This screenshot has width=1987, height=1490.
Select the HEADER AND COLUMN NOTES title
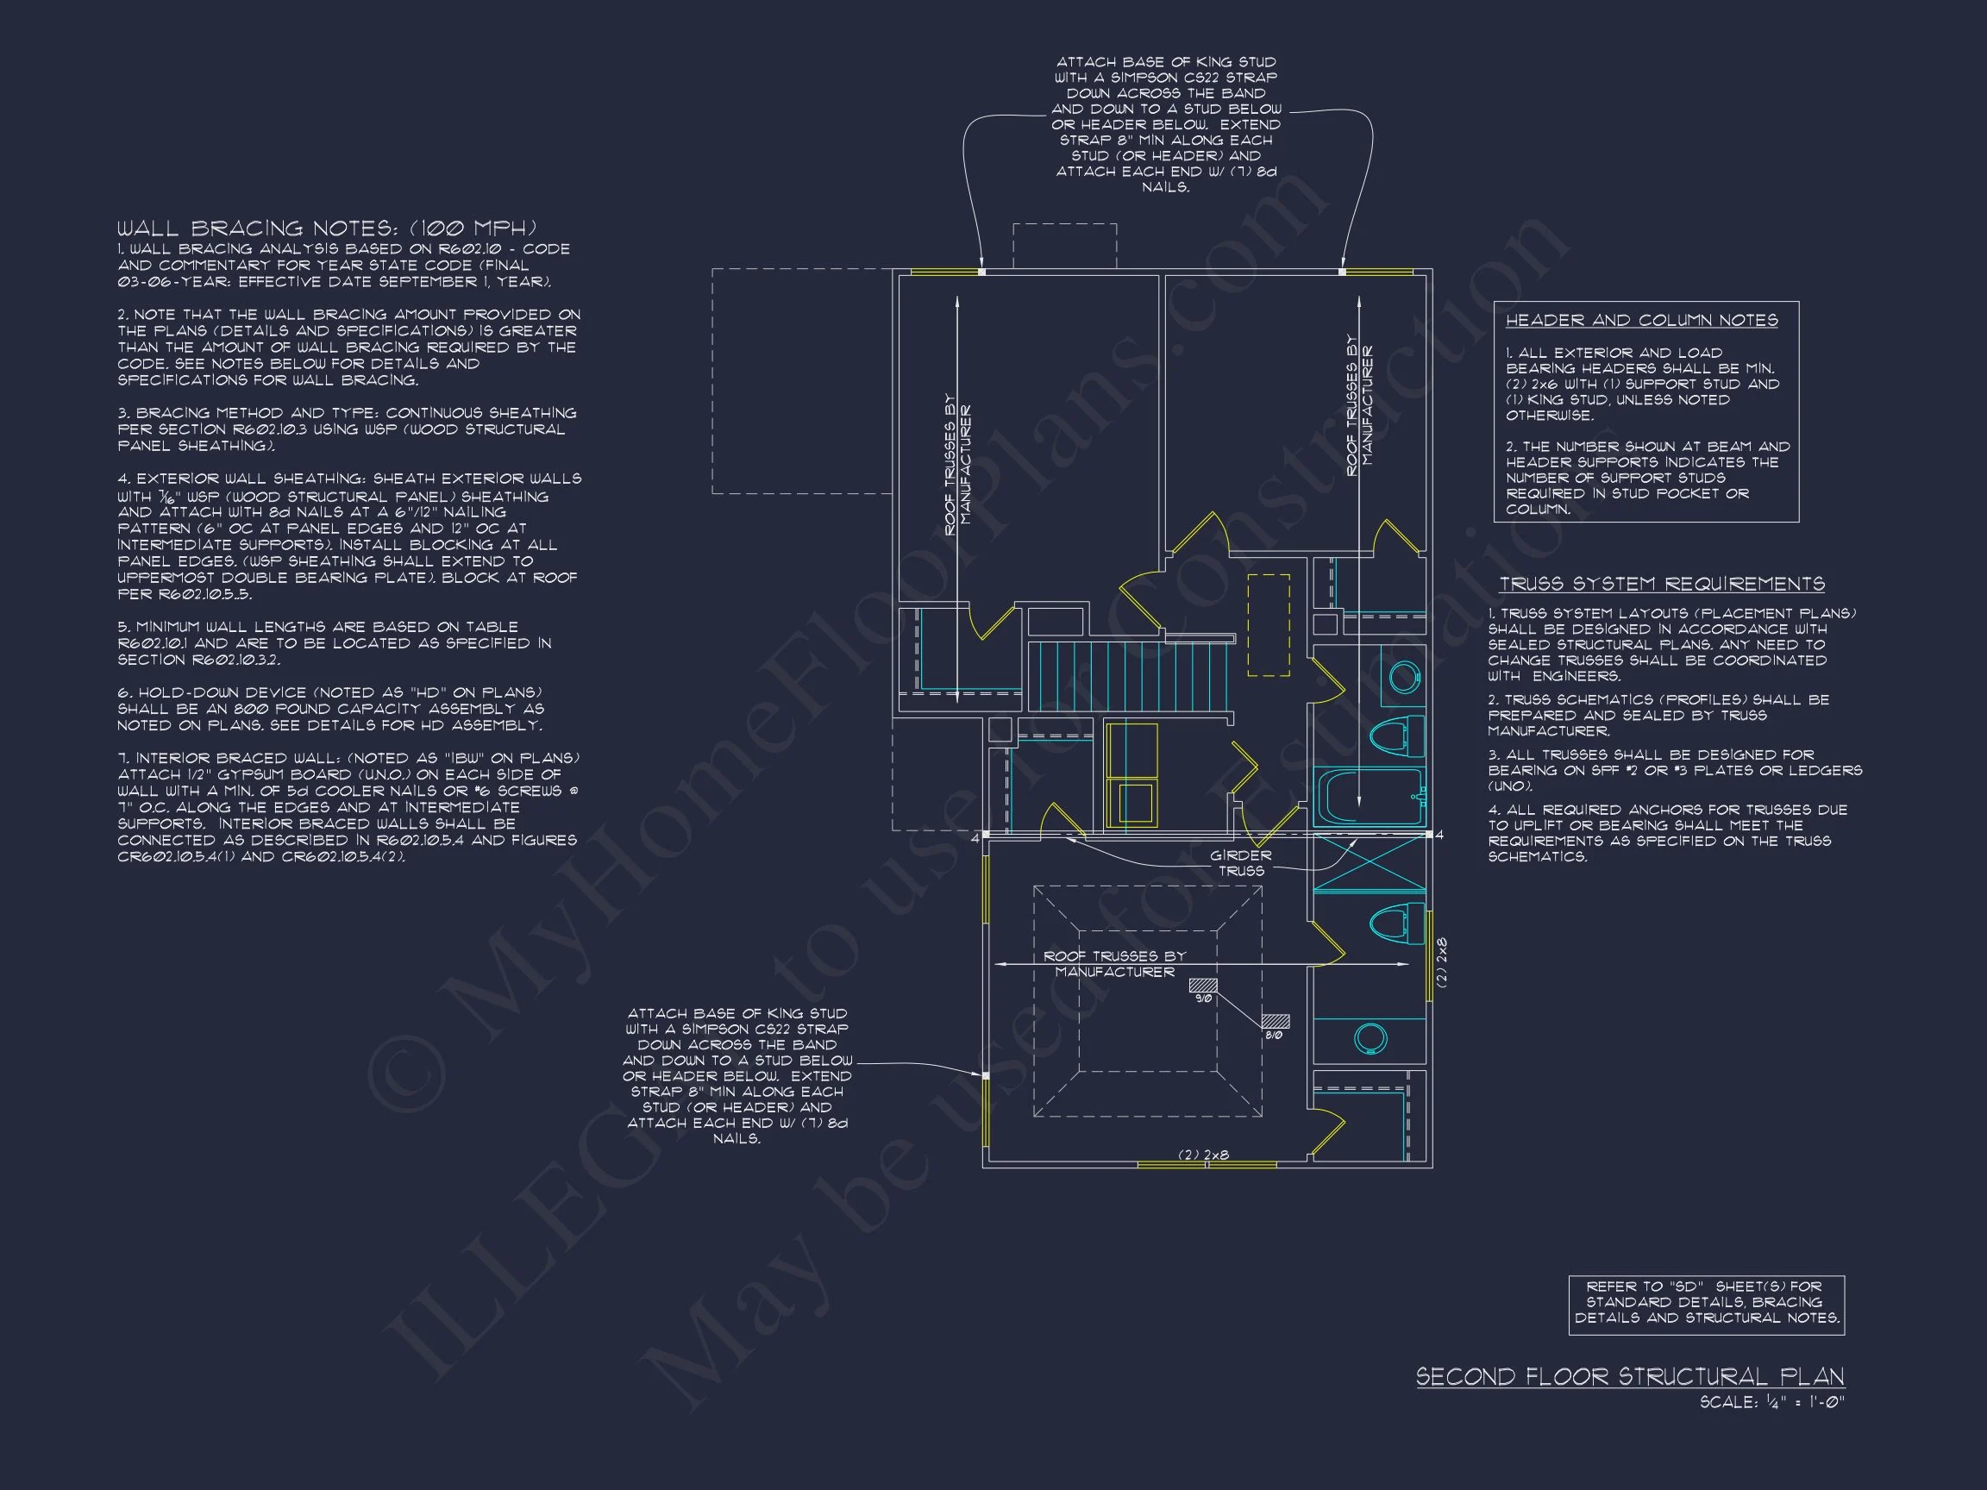click(1641, 321)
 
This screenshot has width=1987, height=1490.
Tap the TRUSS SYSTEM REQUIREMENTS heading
click(1661, 585)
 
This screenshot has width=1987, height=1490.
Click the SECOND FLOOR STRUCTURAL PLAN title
click(1629, 1377)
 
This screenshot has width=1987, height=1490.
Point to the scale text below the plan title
click(1771, 1402)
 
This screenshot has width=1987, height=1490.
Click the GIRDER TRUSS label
click(1240, 863)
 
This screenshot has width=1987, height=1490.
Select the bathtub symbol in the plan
click(1367, 797)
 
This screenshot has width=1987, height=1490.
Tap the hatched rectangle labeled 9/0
click(1203, 986)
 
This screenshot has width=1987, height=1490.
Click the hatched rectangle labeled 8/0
click(1275, 1021)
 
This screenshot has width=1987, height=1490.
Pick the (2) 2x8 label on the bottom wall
click(1204, 1155)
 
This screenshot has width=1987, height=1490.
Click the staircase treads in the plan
click(1127, 677)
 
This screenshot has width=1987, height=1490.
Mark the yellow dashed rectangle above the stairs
click(1269, 625)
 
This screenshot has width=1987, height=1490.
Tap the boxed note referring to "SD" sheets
click(1706, 1302)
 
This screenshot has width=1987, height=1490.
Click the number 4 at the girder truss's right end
click(1439, 836)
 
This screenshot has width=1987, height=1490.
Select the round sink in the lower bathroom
click(1369, 1039)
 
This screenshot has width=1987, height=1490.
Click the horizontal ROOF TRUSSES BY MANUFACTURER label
click(1114, 964)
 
